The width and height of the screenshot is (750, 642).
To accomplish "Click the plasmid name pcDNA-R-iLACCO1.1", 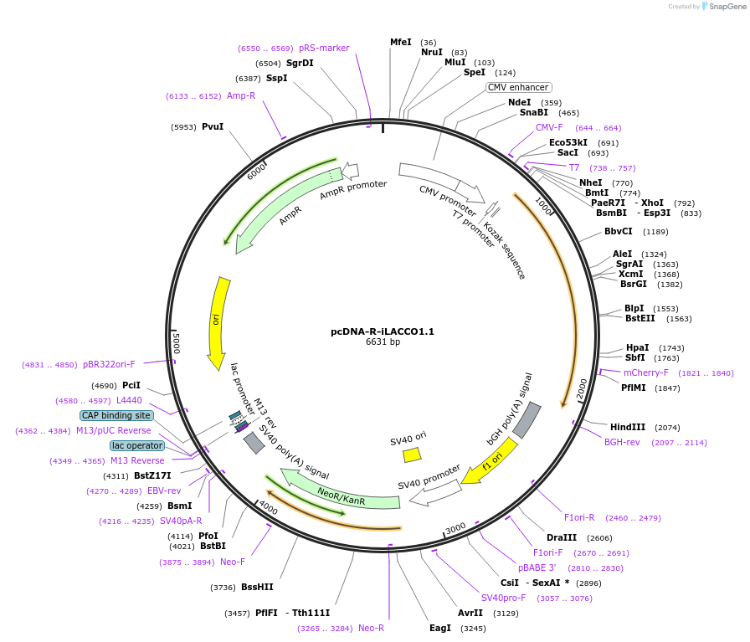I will pos(382,331).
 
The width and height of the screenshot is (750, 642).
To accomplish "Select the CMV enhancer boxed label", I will pos(519,87).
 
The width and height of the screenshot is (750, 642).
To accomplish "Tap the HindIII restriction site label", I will pos(627,427).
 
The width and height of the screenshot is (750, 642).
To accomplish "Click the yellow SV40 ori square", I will pos(411,455).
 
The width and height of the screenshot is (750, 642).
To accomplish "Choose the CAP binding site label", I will pos(116,415).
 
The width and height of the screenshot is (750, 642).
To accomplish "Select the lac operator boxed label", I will pos(136,445).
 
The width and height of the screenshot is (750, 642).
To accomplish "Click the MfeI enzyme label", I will pos(401,42).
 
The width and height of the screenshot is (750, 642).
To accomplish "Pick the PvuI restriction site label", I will pos(213,127).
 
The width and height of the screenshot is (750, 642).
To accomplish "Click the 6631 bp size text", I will pos(383,342).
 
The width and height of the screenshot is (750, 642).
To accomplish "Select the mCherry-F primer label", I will pos(645,372).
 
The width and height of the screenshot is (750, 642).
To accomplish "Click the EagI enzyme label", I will pos(440,628).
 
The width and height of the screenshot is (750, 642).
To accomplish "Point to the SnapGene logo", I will pos(722,7).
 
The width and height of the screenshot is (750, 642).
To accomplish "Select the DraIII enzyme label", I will pos(561,537).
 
